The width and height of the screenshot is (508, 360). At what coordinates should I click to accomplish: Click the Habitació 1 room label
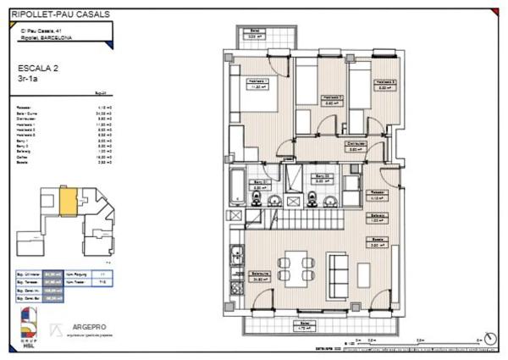(x=258, y=83)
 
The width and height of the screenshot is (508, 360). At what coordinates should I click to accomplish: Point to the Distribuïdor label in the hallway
(x=356, y=147)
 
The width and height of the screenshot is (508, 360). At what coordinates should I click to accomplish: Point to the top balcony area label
(x=251, y=36)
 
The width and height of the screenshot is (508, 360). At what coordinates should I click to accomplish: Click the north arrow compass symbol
(x=489, y=340)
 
